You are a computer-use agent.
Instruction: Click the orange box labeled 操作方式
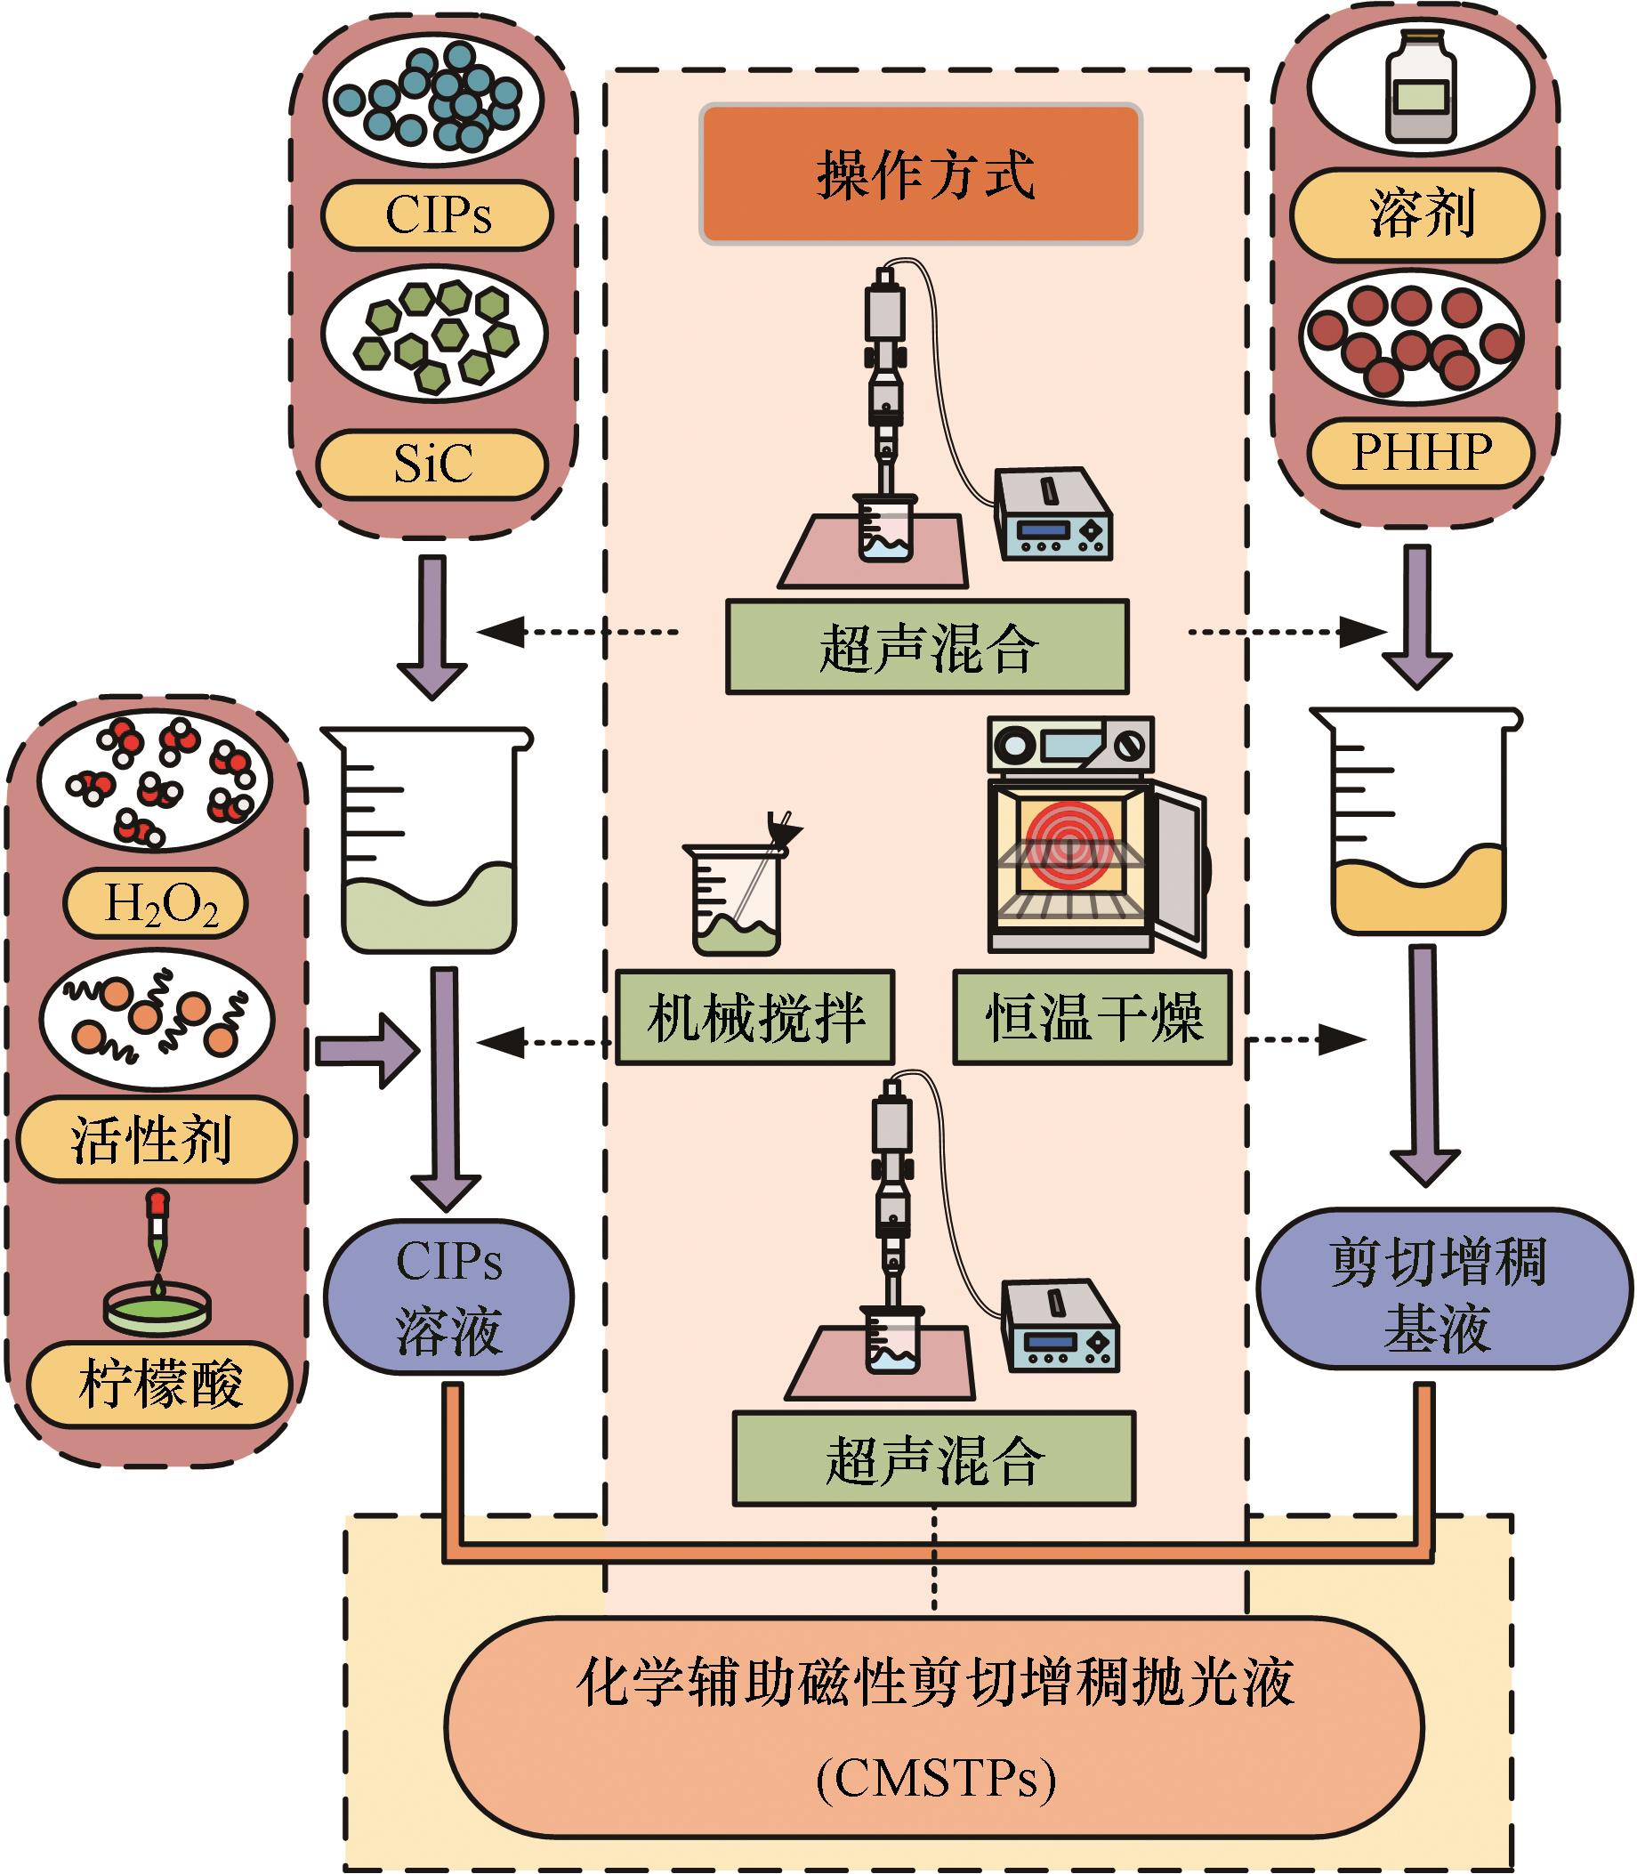(x=921, y=174)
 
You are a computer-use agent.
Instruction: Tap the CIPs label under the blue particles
(x=438, y=215)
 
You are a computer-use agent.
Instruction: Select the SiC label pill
(x=432, y=464)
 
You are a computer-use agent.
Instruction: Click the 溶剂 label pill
(x=1417, y=214)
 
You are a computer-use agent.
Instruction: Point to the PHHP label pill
(x=1421, y=452)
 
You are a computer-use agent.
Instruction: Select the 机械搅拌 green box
(x=754, y=1017)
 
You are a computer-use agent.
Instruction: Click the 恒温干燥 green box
(x=1093, y=1017)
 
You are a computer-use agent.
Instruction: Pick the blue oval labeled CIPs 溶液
(x=448, y=1296)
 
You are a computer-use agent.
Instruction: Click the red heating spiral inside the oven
(x=1068, y=845)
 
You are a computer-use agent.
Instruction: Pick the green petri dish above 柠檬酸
(x=158, y=1306)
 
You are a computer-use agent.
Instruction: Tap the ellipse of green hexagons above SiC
(x=434, y=335)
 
